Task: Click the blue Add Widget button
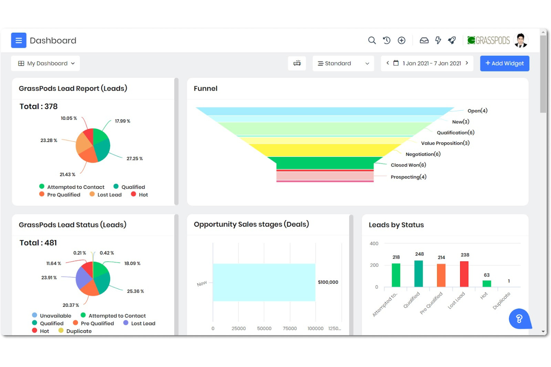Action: [x=504, y=63]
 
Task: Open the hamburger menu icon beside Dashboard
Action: [x=19, y=41]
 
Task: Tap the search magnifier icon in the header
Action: [x=372, y=41]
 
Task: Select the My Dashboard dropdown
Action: [x=46, y=63]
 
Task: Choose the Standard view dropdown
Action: [x=343, y=63]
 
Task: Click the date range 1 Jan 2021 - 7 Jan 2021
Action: [x=431, y=63]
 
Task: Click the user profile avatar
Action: [x=520, y=40]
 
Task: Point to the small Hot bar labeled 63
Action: [x=487, y=283]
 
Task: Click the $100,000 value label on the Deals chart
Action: [x=328, y=282]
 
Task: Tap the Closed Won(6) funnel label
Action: [x=408, y=165]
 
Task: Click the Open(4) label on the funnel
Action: [x=477, y=111]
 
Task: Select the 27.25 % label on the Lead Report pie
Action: [x=134, y=158]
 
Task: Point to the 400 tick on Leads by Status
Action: [x=374, y=244]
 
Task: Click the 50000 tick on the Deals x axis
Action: [x=264, y=328]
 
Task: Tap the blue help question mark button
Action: [x=519, y=319]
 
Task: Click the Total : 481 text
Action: [x=38, y=243]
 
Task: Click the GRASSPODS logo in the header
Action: [x=488, y=40]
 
